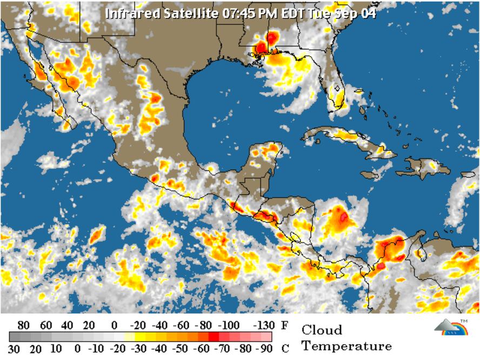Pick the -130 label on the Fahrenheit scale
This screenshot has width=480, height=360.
tap(263, 325)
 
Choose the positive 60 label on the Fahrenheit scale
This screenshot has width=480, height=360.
tap(46, 325)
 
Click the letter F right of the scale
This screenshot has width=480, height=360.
tap(284, 325)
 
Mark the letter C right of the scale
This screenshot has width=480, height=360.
tap(284, 349)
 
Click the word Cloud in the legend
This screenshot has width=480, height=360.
tap(322, 330)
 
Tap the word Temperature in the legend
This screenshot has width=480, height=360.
tap(346, 346)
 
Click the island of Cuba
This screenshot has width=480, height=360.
tap(346, 138)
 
